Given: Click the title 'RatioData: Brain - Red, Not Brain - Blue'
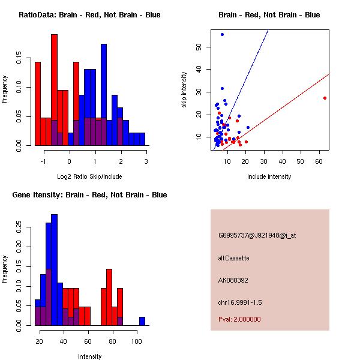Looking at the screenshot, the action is point(89,15).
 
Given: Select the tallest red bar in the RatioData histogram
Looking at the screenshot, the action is point(55,90).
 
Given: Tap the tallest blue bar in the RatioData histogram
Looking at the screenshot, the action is point(104,95).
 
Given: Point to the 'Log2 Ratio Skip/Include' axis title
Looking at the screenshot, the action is point(89,176).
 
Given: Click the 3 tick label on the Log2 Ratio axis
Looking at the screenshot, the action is point(146,161).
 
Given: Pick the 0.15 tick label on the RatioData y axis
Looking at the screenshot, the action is point(19,58).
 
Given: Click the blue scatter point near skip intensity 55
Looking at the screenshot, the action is point(222,34).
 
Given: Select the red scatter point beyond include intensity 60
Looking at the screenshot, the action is point(325,98).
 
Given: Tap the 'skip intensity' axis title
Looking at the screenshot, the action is point(184,89).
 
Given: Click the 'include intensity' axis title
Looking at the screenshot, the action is point(269,176).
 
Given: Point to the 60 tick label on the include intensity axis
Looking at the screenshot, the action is point(319,161).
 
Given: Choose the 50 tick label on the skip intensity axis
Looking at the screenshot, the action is point(199,47).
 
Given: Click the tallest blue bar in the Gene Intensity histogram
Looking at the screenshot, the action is point(55,270).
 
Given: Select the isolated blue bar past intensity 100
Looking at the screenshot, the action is point(142,321).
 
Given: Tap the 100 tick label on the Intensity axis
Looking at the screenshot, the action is point(137,341).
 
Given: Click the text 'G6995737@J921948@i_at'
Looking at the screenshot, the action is point(257,236).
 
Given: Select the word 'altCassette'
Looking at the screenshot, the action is point(234,258).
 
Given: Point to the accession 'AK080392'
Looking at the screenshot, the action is point(233,280).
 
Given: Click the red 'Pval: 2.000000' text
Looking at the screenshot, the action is point(239,319).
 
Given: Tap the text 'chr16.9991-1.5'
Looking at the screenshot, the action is point(240,302).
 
